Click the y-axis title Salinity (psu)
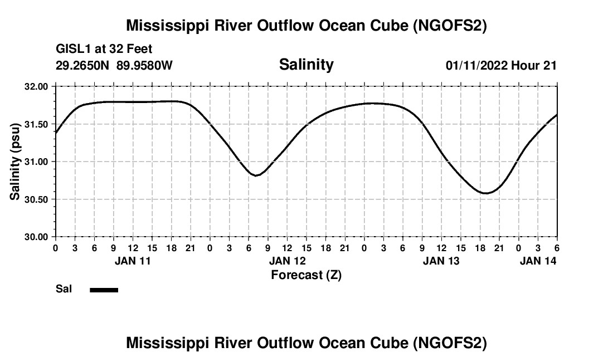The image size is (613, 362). (15, 162)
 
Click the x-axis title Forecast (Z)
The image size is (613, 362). (306, 275)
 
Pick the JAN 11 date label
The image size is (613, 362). (133, 261)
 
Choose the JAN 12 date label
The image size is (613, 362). (288, 261)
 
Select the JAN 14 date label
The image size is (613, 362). (538, 261)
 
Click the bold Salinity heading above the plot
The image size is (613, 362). (306, 65)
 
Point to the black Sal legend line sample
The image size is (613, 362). (104, 290)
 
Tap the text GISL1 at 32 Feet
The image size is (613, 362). (104, 49)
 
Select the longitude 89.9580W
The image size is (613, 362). (144, 65)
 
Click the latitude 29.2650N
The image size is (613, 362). (82, 65)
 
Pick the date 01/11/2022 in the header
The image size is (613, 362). (476, 65)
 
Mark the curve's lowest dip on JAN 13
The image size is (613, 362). (486, 193)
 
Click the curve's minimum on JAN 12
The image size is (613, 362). (256, 175)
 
